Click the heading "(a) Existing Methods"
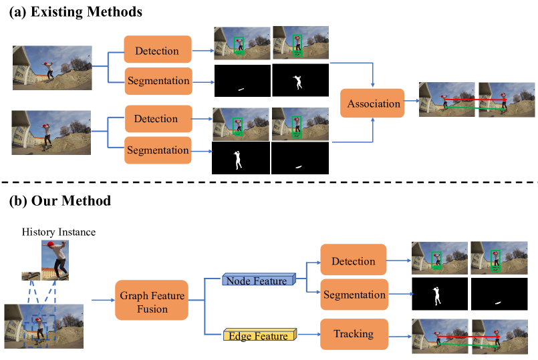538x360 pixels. (75, 12)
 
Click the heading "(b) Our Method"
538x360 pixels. (59, 200)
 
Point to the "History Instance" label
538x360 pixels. (58, 232)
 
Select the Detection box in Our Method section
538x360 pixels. (353, 261)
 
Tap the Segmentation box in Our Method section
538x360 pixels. (353, 295)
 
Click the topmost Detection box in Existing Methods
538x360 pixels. (157, 51)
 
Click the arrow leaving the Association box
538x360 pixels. (411, 104)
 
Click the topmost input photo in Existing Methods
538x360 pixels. (52, 67)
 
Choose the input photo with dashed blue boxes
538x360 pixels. (44, 327)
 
